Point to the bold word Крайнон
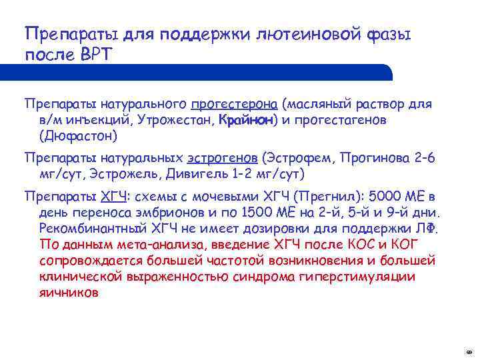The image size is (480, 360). [x=243, y=120]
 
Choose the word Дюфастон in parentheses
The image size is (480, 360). [x=79, y=136]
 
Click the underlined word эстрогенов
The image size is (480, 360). [x=223, y=158]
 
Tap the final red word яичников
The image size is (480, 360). [x=69, y=292]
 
